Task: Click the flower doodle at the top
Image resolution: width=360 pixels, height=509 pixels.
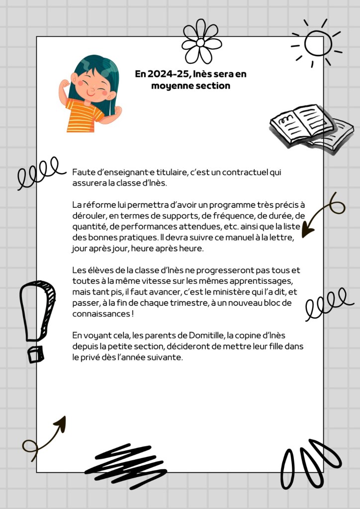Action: pos(201,42)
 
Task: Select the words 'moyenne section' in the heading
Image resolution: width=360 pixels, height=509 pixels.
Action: pos(190,85)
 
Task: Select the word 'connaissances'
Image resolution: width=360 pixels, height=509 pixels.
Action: pos(101,314)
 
